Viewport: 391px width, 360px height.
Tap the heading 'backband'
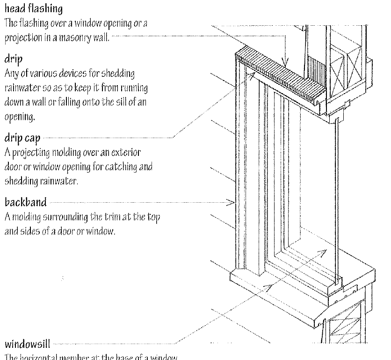pos(26,202)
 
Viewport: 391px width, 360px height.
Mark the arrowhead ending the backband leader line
pos(231,202)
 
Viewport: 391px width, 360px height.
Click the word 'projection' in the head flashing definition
pos(22,37)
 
